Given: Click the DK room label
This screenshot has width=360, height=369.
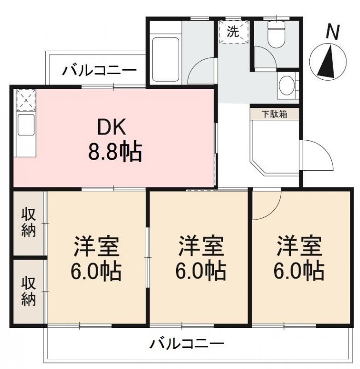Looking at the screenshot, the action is click(x=111, y=127).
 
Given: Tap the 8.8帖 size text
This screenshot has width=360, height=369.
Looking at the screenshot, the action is click(x=115, y=152).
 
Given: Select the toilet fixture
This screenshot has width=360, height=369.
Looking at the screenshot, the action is click(x=277, y=34).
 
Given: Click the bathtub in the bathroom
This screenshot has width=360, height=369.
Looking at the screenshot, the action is click(x=165, y=60).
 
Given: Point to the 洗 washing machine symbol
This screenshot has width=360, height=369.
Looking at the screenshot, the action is click(x=234, y=32).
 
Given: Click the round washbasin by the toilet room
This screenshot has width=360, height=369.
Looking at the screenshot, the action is click(x=286, y=85).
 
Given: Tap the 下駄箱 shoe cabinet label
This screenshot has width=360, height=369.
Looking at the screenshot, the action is click(x=274, y=114).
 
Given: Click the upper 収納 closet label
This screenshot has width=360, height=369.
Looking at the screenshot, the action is click(x=29, y=222).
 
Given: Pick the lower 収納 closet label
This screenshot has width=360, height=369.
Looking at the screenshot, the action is click(x=29, y=291).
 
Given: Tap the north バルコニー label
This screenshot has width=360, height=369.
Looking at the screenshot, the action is click(x=99, y=70).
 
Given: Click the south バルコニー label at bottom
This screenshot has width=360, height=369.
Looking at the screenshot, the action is click(x=187, y=344).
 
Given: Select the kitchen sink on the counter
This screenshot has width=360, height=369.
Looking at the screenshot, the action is click(x=26, y=125).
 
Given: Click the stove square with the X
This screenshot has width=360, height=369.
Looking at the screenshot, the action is click(x=26, y=100).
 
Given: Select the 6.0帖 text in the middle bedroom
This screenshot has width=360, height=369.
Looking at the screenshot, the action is click(x=201, y=271).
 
